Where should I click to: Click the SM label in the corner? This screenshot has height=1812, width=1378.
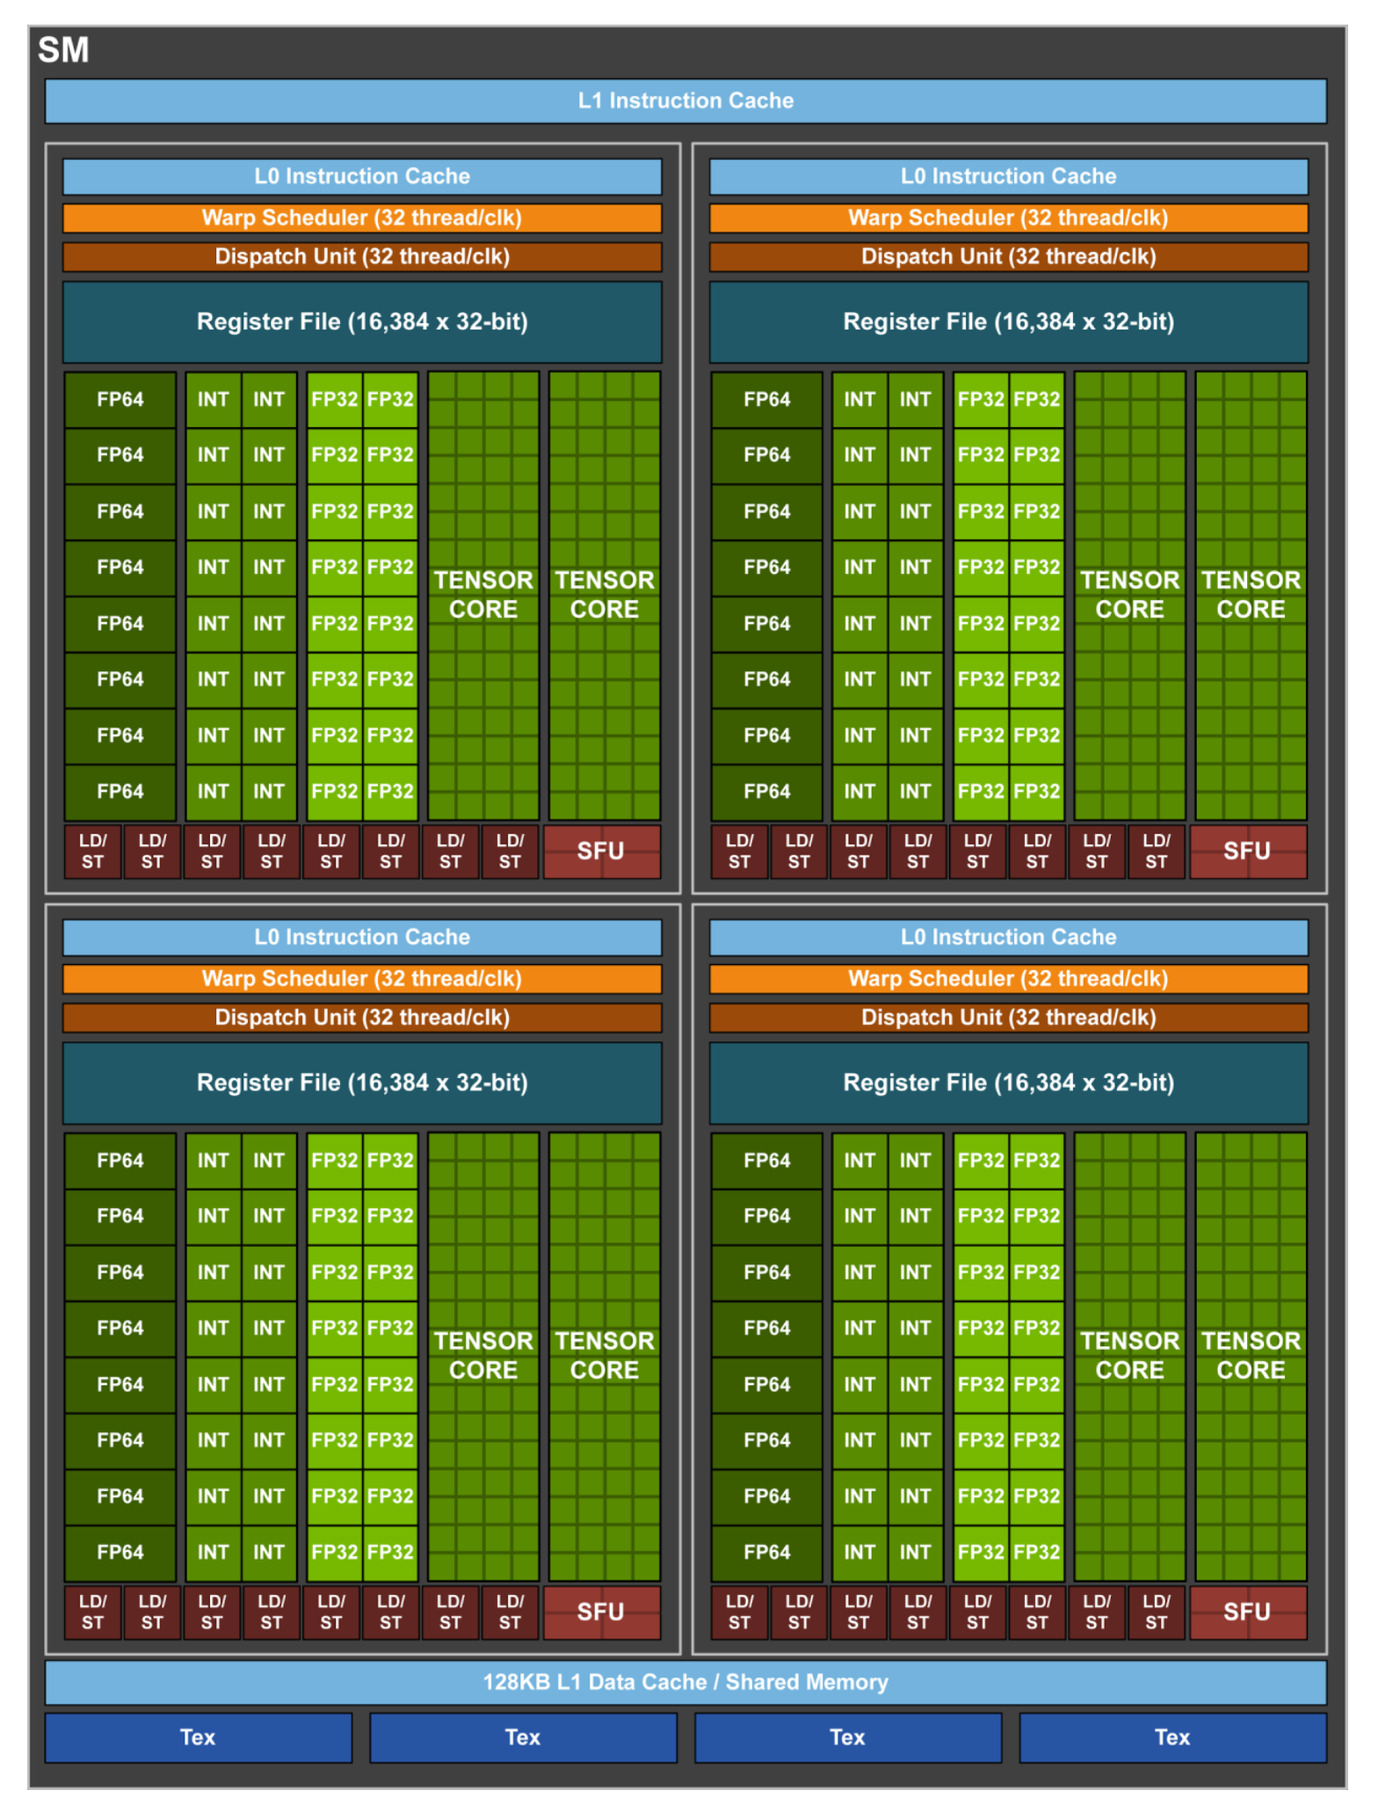[63, 50]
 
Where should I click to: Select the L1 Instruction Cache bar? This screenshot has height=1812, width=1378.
[685, 101]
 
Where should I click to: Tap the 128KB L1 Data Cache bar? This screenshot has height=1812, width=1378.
[685, 1682]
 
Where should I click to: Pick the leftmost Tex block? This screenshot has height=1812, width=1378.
[198, 1737]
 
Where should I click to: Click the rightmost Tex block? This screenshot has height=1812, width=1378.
[1172, 1737]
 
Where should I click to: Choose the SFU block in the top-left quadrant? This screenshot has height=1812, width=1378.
[601, 851]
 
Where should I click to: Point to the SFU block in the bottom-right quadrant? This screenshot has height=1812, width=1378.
[1247, 1612]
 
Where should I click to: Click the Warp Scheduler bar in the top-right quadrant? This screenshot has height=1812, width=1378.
[1008, 218]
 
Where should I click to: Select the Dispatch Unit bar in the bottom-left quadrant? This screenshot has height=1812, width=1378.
[362, 1018]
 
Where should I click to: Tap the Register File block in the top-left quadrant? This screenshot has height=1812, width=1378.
[362, 322]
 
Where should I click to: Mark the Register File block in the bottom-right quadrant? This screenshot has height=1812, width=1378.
[1008, 1083]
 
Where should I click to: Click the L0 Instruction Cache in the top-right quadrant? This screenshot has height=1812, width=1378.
[1008, 177]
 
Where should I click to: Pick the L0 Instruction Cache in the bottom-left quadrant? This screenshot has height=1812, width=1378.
[362, 938]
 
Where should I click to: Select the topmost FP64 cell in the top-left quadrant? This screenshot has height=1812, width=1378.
[120, 400]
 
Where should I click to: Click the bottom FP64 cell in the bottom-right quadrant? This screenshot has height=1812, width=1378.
[767, 1552]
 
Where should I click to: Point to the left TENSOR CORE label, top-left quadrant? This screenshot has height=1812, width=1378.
[483, 595]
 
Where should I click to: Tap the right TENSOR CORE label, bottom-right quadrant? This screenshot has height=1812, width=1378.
[1251, 1355]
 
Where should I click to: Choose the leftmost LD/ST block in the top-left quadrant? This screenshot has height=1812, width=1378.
[93, 851]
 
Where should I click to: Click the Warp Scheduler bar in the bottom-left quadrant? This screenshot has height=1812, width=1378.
[362, 979]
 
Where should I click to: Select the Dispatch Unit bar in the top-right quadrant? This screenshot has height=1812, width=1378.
[1008, 257]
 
